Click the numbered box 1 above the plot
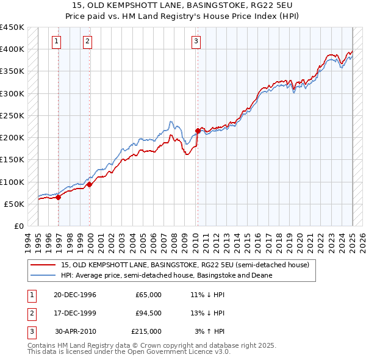click(x=56, y=41)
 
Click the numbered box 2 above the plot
click(x=87, y=41)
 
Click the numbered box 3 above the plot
click(x=196, y=41)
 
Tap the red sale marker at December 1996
click(x=59, y=197)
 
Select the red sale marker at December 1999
click(x=90, y=184)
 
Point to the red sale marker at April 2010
click(x=198, y=131)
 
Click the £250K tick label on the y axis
click(x=12, y=115)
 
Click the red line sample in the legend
click(x=43, y=265)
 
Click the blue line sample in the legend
click(x=43, y=275)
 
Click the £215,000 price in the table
click(x=146, y=331)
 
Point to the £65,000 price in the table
click(x=148, y=295)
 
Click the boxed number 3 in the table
click(x=30, y=331)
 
